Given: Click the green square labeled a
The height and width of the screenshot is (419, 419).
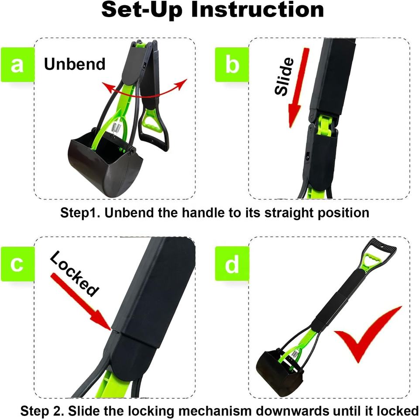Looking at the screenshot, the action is [17, 65].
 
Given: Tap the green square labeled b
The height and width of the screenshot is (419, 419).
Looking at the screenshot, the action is [232, 65].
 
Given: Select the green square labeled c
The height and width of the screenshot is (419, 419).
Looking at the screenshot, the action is [17, 264].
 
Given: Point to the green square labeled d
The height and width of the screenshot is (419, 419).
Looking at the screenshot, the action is [232, 264].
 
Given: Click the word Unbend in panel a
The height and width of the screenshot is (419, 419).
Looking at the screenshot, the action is [75, 64].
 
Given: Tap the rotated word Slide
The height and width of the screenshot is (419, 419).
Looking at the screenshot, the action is [284, 77].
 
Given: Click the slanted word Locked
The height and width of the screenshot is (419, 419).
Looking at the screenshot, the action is [74, 273].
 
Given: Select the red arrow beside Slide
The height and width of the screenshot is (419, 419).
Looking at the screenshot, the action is [298, 88].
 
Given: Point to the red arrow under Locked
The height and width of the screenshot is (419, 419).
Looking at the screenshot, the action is [81, 301].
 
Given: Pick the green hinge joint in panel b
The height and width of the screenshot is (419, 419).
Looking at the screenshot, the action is [325, 125].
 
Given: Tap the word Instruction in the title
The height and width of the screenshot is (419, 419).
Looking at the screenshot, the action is [258, 10].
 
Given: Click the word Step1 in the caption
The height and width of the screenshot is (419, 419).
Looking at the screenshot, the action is [80, 213].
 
